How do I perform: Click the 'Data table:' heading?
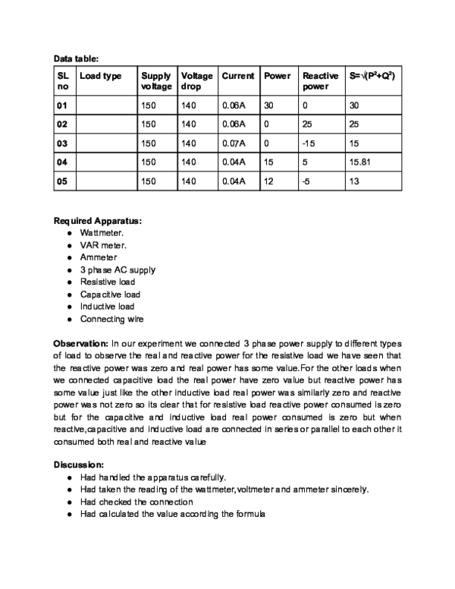(x=76, y=58)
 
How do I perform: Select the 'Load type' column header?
(x=100, y=77)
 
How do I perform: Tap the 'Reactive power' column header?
(x=320, y=81)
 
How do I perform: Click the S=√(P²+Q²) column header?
(x=372, y=77)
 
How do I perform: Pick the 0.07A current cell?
(x=234, y=142)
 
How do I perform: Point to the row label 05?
(x=62, y=181)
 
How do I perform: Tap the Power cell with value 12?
(x=270, y=181)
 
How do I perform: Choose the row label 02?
(x=62, y=122)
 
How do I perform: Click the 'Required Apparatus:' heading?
(x=97, y=221)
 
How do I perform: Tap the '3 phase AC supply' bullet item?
(x=118, y=269)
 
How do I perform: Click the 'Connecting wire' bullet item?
(x=111, y=319)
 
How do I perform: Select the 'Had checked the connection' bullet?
(x=136, y=502)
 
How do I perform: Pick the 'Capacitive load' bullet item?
(x=110, y=294)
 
